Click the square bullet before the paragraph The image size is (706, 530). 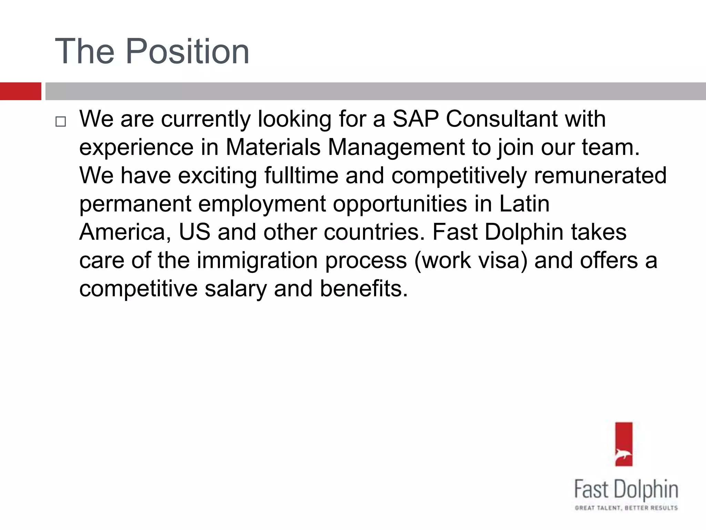[x=60, y=121]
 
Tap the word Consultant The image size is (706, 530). [x=501, y=119]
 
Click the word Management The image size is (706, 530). [x=396, y=147]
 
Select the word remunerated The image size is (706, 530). [x=600, y=175]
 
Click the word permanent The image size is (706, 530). [x=135, y=204]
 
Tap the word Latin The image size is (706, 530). [x=524, y=204]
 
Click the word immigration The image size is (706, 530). [x=257, y=260]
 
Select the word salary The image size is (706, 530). [x=235, y=288]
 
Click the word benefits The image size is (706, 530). [x=364, y=288]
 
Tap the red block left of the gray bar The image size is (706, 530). [x=20, y=91]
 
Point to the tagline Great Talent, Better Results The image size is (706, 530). [x=626, y=508]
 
